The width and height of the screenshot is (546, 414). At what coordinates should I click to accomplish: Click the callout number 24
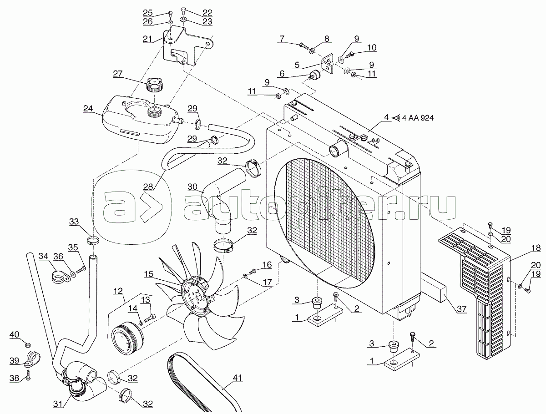(88, 109)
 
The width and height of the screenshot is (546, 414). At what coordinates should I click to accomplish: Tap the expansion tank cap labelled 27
(154, 85)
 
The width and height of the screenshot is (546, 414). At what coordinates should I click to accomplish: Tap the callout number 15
(149, 274)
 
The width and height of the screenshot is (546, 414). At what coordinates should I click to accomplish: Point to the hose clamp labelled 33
(92, 239)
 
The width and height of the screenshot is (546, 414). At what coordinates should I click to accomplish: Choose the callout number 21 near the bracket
(147, 39)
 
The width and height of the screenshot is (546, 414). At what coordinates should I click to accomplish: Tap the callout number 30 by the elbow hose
(192, 187)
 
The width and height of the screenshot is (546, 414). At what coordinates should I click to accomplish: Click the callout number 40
(15, 335)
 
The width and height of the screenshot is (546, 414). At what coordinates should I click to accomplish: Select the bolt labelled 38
(28, 376)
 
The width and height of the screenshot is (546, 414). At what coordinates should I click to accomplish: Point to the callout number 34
(43, 257)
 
